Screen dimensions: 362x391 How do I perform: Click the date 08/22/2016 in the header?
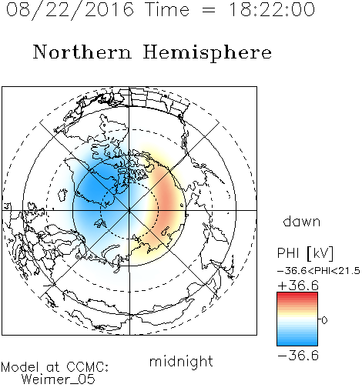(x=70, y=10)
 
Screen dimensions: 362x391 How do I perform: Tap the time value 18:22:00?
(x=272, y=9)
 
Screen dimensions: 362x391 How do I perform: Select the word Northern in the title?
(x=82, y=52)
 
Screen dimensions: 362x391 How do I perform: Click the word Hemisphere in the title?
(x=207, y=52)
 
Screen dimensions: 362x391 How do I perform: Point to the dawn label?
(x=302, y=221)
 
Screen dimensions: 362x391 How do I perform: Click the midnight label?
(x=181, y=361)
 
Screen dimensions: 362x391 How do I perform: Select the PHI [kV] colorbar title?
(x=305, y=253)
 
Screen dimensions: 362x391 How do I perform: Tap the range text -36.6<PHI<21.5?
(x=319, y=271)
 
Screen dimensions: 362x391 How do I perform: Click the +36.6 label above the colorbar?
(x=298, y=286)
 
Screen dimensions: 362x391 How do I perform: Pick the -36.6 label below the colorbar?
(x=298, y=356)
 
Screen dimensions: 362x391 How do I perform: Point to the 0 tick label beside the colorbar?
(x=324, y=320)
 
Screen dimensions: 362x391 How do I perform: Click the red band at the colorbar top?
(x=297, y=295)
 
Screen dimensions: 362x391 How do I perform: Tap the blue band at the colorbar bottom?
(x=297, y=343)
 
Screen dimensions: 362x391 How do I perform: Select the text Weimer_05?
(x=59, y=379)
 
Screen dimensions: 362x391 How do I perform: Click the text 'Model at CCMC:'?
(x=55, y=367)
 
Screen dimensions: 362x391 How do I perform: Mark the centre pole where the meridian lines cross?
(x=129, y=210)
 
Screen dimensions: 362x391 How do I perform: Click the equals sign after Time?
(x=209, y=10)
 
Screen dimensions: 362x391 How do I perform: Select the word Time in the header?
(x=167, y=9)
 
